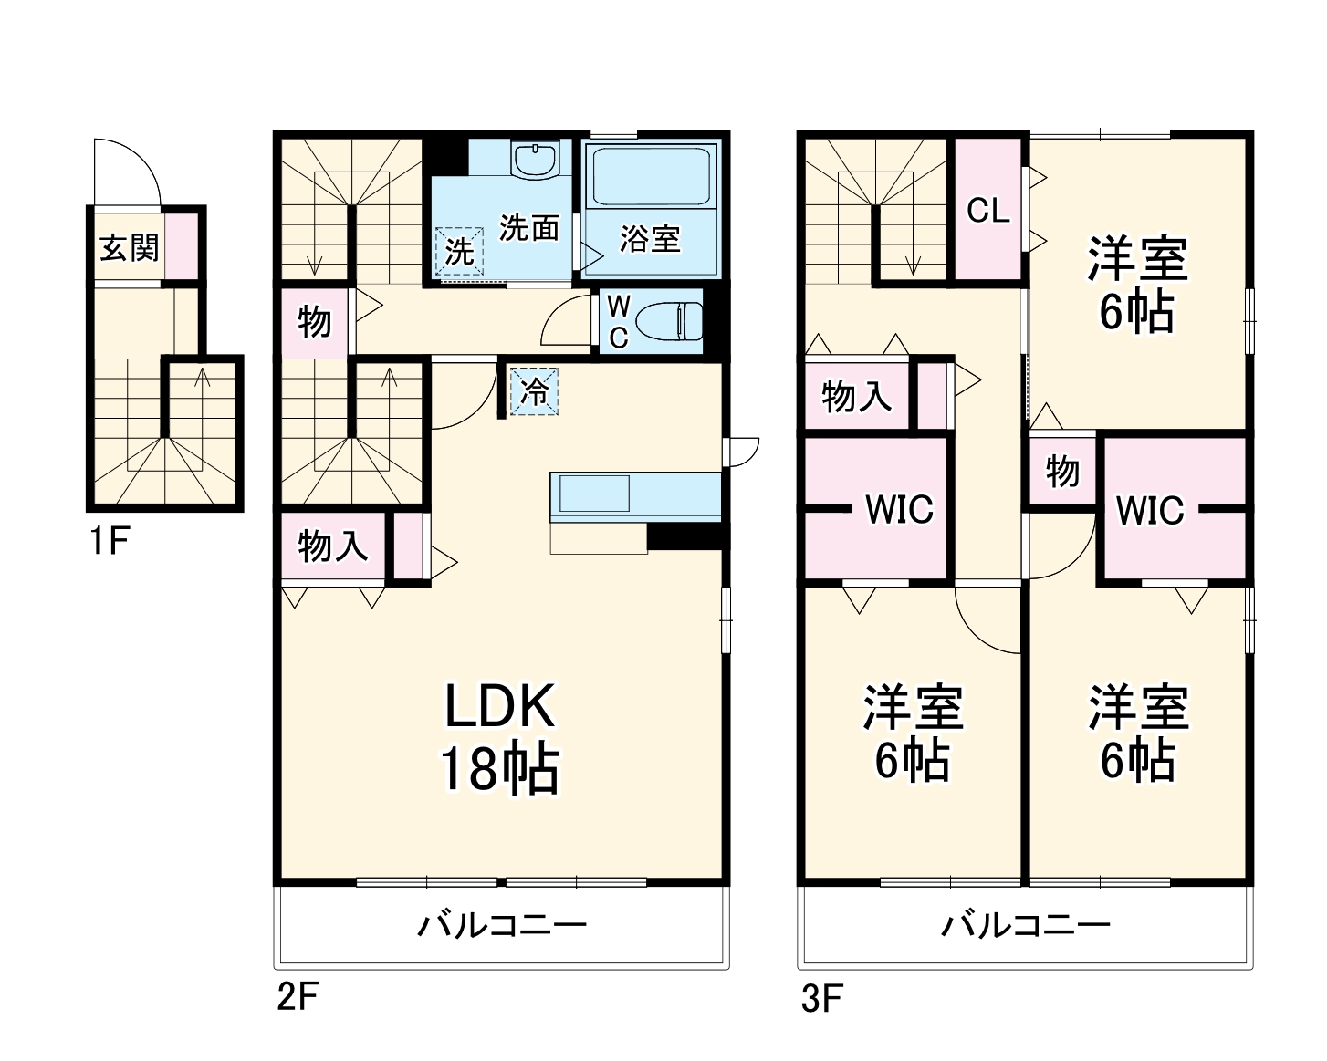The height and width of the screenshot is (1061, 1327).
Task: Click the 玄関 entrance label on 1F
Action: click(130, 247)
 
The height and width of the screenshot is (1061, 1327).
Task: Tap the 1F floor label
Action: click(108, 542)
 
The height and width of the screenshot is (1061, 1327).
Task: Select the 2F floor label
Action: click(297, 996)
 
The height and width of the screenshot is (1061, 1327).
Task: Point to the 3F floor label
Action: click(821, 998)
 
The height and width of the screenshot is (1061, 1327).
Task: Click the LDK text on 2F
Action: click(500, 706)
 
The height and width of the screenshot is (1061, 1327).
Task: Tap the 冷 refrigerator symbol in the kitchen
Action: click(534, 392)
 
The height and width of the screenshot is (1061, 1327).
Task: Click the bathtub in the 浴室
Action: click(651, 177)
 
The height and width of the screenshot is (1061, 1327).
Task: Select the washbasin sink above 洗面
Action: click(535, 160)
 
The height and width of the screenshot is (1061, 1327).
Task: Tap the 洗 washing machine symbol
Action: click(459, 250)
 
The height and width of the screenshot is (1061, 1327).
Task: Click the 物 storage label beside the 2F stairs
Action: click(314, 322)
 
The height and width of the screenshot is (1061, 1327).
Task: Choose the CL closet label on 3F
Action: click(988, 212)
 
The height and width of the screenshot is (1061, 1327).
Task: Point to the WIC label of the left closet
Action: click(899, 510)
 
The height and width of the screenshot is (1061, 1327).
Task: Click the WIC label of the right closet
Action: click(1150, 511)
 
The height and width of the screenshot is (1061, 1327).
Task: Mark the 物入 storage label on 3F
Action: click(856, 397)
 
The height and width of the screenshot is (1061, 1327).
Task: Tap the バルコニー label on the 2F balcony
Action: click(502, 926)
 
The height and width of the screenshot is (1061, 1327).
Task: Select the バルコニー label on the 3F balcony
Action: click(1026, 926)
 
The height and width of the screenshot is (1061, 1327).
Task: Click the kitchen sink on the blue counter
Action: click(594, 494)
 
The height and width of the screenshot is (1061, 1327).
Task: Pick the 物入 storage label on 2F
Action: click(333, 547)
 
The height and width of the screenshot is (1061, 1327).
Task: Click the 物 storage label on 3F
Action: click(1062, 472)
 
